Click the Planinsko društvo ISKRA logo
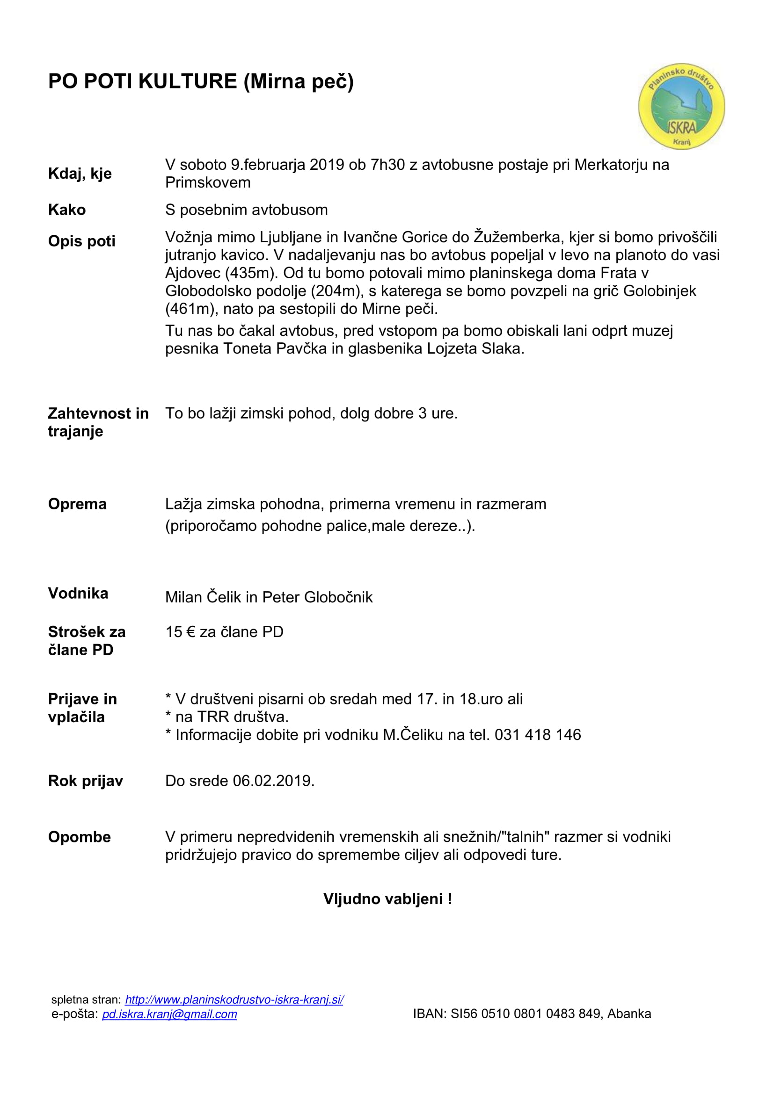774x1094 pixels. (x=681, y=106)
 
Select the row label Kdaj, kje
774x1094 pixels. (x=80, y=174)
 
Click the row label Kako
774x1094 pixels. (x=67, y=210)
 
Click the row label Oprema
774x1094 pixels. (x=77, y=504)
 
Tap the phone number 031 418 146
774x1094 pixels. (x=538, y=735)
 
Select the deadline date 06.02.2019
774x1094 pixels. (x=273, y=781)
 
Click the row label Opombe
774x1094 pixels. (x=79, y=837)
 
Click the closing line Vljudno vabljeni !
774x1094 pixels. (x=387, y=899)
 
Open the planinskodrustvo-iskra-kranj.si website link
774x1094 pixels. (x=234, y=1000)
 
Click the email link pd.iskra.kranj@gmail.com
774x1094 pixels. (x=169, y=1014)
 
